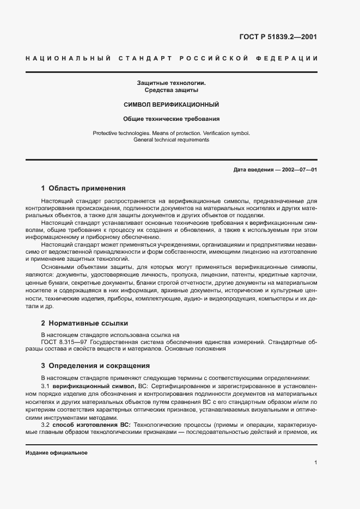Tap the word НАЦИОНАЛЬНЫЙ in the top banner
(x=68, y=58)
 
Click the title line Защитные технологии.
(x=171, y=83)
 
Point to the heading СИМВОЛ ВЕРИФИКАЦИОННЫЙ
(x=171, y=104)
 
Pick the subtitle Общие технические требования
(x=171, y=118)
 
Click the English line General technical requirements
(x=171, y=140)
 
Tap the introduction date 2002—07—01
(x=297, y=170)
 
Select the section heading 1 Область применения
(x=83, y=188)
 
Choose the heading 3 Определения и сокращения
(x=95, y=365)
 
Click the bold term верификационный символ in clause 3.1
(x=94, y=385)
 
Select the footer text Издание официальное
(x=57, y=453)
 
